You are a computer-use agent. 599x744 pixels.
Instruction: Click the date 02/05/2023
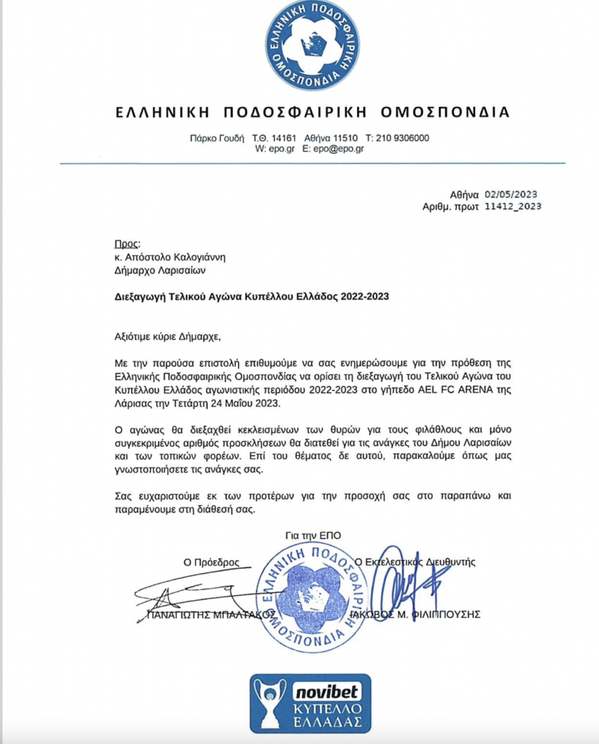[x=512, y=193]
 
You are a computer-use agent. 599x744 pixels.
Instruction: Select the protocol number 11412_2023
[x=512, y=206]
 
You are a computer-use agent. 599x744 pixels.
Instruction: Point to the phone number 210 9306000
[x=402, y=138]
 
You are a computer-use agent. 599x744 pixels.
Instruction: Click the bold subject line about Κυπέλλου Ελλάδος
[x=252, y=296]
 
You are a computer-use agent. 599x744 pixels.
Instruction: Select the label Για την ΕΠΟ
[x=313, y=536]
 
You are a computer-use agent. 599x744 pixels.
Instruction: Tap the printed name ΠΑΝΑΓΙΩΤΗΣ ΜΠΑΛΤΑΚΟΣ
[x=211, y=614]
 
